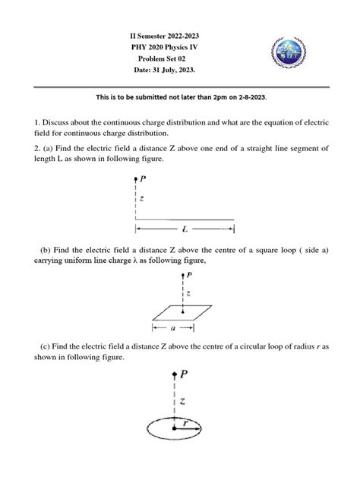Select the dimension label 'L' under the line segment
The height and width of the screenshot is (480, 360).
pyautogui.click(x=185, y=228)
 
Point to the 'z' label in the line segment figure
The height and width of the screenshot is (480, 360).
pyautogui.click(x=141, y=199)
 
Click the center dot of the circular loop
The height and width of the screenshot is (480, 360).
pyautogui.click(x=174, y=429)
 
